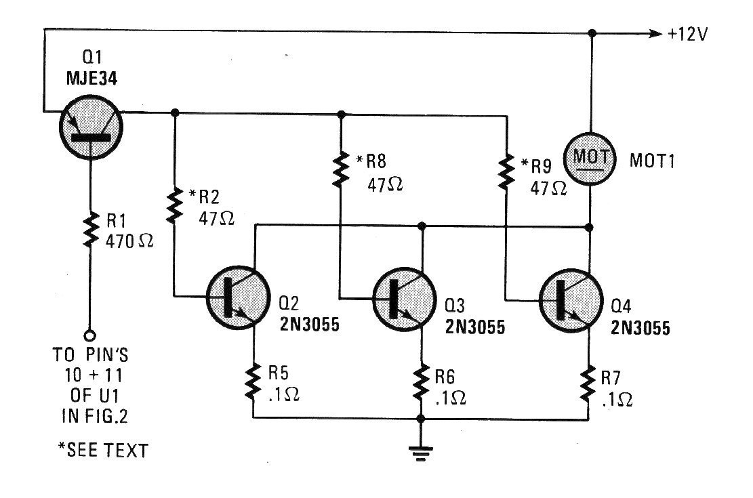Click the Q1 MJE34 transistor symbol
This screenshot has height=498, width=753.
pyautogui.click(x=91, y=127)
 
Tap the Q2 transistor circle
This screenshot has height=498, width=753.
pyautogui.click(x=238, y=297)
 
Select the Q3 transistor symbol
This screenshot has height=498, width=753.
pyautogui.click(x=405, y=299)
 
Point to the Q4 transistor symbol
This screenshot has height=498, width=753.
pyautogui.click(x=571, y=301)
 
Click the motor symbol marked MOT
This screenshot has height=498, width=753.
pyautogui.click(x=589, y=159)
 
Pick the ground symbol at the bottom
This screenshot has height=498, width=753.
pyautogui.click(x=421, y=453)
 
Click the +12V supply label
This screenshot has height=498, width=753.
pyautogui.click(x=688, y=34)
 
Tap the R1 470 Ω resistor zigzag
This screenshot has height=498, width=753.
pyautogui.click(x=89, y=231)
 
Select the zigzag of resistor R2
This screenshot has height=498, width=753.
pyautogui.click(x=174, y=205)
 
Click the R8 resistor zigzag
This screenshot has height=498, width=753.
pyautogui.click(x=340, y=169)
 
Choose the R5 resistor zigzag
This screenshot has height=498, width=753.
pyautogui.click(x=253, y=382)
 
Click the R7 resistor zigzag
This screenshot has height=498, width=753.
pyautogui.click(x=588, y=384)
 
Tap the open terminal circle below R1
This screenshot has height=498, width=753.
pyautogui.click(x=89, y=335)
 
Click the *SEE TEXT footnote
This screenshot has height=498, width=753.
pyautogui.click(x=103, y=450)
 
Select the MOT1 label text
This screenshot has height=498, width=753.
pyautogui.click(x=652, y=161)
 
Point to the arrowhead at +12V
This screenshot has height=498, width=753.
pyautogui.click(x=655, y=34)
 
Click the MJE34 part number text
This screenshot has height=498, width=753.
pyautogui.click(x=91, y=79)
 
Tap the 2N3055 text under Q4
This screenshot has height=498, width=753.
pyautogui.click(x=640, y=328)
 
